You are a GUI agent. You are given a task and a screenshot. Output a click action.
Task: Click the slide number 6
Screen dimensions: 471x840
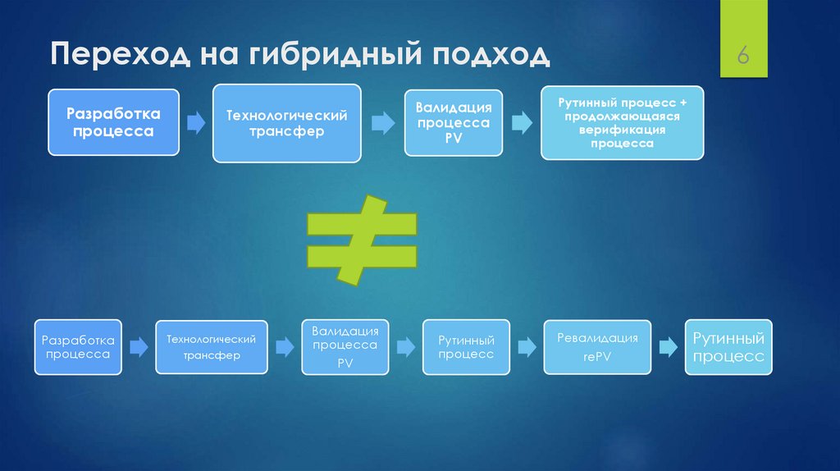[x=743, y=57]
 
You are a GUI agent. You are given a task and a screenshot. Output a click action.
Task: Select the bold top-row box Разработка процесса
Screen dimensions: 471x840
[x=113, y=122]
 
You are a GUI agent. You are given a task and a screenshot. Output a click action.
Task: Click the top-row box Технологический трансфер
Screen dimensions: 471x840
[x=287, y=123]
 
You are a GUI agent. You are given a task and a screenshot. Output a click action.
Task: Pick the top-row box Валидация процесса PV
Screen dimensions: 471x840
[x=454, y=123]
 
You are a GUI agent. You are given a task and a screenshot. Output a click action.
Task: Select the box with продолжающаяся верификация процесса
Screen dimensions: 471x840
[x=622, y=122]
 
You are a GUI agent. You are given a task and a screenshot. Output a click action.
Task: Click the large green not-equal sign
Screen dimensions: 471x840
[x=362, y=240]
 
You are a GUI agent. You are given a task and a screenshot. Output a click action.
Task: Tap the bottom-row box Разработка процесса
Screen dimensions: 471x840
[x=78, y=347]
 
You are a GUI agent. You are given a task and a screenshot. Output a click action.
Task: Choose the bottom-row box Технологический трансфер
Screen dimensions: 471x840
[x=212, y=347]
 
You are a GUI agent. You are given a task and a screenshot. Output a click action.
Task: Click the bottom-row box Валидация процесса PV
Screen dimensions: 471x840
[x=345, y=347]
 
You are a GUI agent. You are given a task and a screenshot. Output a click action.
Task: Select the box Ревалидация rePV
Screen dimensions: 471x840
[x=597, y=347]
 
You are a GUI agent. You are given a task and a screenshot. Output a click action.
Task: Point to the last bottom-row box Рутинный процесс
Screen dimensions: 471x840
[x=728, y=347]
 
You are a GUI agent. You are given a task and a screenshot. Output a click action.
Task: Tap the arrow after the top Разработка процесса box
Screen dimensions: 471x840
[x=196, y=123]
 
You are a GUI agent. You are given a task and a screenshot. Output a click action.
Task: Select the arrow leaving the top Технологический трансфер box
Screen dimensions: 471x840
[x=383, y=123]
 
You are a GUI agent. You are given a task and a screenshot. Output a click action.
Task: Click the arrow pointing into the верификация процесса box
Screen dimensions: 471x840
[x=522, y=123]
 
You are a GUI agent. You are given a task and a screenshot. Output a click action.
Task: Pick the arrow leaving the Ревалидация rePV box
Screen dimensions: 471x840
[x=669, y=347]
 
